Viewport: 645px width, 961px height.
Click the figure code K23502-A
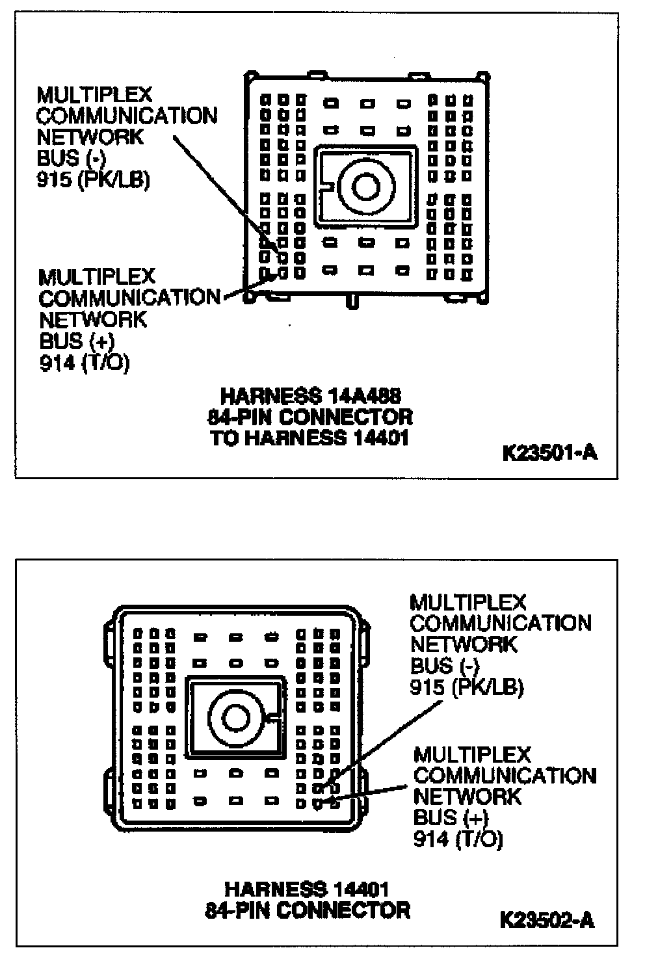[547, 919]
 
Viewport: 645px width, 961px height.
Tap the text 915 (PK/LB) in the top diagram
[94, 180]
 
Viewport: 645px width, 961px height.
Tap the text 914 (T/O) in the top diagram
[85, 362]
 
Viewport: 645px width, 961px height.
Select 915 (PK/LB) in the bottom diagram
[467, 687]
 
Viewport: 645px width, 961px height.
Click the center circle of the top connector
[365, 187]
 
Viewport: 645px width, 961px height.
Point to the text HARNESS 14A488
[311, 395]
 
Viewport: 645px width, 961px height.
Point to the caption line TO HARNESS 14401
[310, 438]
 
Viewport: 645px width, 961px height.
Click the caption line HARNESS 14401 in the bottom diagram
[307, 888]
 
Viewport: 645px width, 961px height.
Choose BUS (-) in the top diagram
[68, 159]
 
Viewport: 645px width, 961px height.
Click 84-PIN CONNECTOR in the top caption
[309, 417]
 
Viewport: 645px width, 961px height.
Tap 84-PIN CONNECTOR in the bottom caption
[307, 909]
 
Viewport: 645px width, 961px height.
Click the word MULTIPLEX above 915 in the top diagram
[94, 95]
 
